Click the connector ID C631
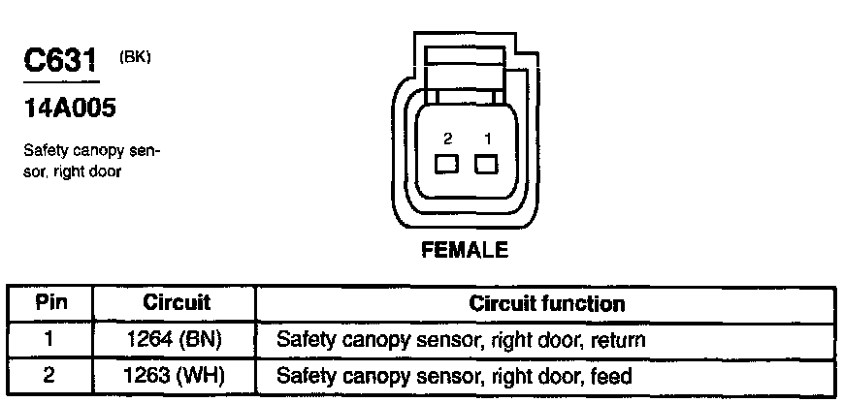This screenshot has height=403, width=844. (60, 62)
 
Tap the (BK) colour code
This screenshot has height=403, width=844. (136, 57)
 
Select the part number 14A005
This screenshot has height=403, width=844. (69, 109)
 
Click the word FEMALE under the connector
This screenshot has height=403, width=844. (465, 250)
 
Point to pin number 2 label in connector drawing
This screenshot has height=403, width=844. (447, 139)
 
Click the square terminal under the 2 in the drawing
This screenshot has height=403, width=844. (446, 165)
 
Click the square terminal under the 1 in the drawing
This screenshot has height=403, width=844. (485, 165)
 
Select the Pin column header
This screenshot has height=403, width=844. (49, 302)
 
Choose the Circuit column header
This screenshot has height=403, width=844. (177, 302)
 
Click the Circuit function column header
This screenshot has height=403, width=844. (546, 303)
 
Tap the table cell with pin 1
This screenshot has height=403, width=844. (49, 340)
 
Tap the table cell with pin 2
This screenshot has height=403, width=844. (49, 374)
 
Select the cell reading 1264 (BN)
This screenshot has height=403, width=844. (177, 340)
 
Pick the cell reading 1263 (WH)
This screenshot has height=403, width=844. (177, 374)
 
